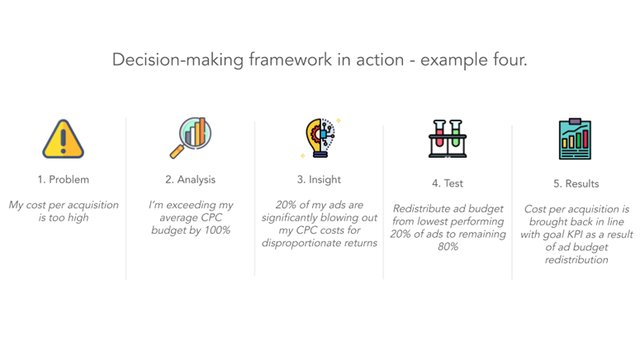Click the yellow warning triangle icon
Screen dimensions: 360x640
coord(63,139)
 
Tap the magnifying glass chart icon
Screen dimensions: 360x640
coord(191,137)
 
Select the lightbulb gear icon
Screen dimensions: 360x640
coord(320,138)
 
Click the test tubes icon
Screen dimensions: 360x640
coord(448,139)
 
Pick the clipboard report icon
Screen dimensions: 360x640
coord(576,140)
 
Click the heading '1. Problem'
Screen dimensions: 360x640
coord(63,179)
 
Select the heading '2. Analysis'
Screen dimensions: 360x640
coord(191,179)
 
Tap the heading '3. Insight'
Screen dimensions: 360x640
coord(319,179)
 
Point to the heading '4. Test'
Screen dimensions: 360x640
coord(448,183)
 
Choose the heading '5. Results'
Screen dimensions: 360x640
coord(576,183)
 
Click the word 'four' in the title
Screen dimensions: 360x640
coord(507,60)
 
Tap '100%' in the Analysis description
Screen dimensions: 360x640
coord(215,230)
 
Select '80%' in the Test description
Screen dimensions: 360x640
coord(448,246)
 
